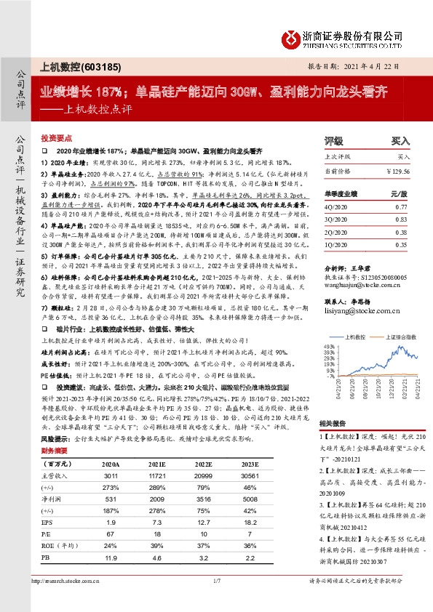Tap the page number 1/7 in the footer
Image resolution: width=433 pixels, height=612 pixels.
tap(216, 600)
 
